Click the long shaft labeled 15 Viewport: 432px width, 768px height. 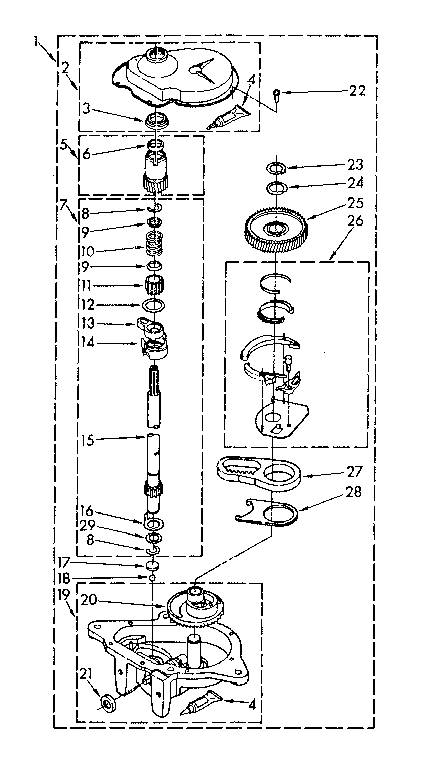click(x=155, y=440)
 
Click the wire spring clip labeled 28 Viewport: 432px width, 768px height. click(x=266, y=513)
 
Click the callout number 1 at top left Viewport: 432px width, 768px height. click(x=37, y=41)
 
